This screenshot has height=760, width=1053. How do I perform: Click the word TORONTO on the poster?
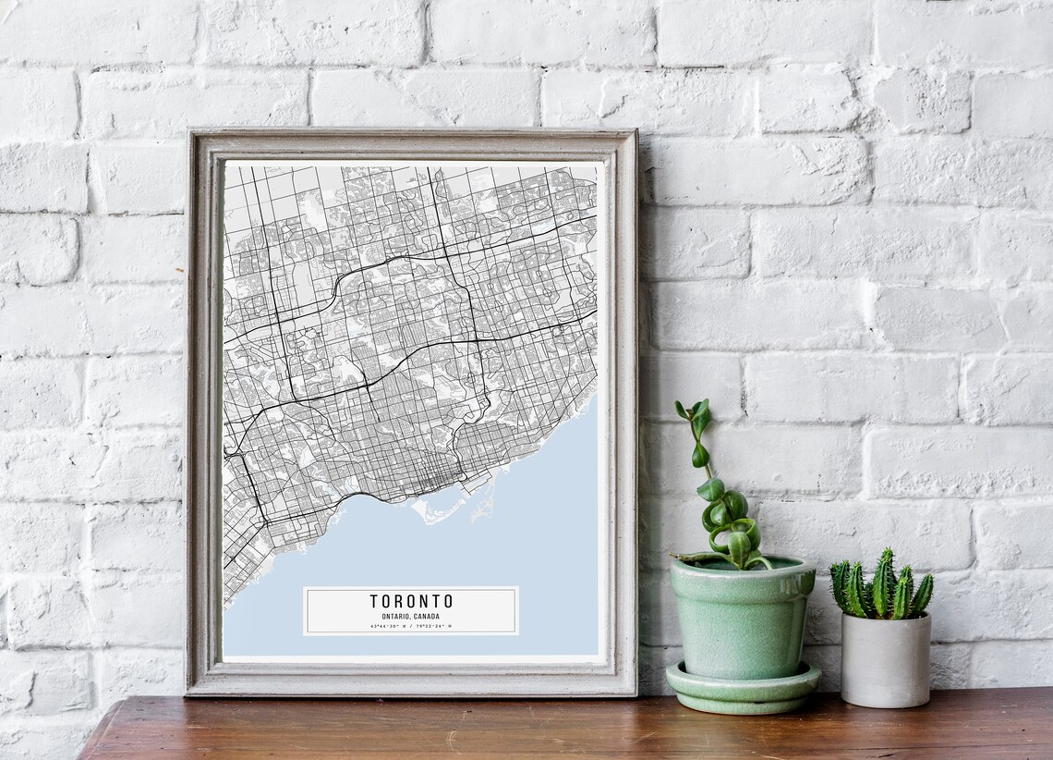(411, 601)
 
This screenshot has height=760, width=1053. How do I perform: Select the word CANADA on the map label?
(426, 616)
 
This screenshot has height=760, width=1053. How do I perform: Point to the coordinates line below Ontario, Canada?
(411, 626)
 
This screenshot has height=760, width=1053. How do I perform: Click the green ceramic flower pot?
(741, 619)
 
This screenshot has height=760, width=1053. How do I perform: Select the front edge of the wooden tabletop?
(554, 754)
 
